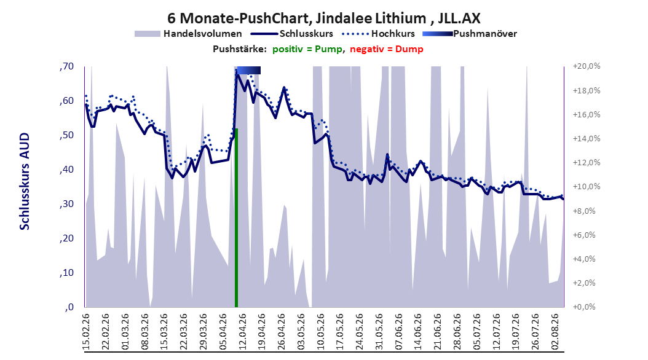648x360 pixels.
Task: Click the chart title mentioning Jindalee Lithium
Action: (x=323, y=18)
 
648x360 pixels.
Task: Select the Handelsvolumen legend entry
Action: (x=188, y=34)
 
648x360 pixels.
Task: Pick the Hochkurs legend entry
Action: (x=377, y=34)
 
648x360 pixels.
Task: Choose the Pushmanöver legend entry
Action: (x=470, y=34)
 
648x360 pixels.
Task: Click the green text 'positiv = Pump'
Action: (x=307, y=49)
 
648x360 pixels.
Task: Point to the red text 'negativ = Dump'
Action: (x=387, y=49)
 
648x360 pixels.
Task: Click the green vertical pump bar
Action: (x=236, y=218)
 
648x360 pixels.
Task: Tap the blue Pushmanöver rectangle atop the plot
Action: (x=249, y=71)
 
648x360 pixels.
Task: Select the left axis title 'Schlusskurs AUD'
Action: (x=25, y=181)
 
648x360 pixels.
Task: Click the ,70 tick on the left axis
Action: (x=66, y=66)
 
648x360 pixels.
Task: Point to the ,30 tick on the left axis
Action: (x=66, y=204)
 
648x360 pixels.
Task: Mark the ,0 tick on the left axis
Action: (x=69, y=307)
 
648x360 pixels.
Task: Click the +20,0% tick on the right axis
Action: (x=587, y=66)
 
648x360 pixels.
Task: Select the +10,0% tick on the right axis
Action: (x=587, y=187)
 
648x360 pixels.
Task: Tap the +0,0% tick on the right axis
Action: (x=584, y=307)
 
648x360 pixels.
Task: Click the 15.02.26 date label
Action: (x=86, y=332)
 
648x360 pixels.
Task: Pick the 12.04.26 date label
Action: (x=242, y=332)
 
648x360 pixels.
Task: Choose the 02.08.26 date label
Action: (x=555, y=332)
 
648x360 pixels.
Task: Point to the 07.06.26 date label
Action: (x=398, y=332)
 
